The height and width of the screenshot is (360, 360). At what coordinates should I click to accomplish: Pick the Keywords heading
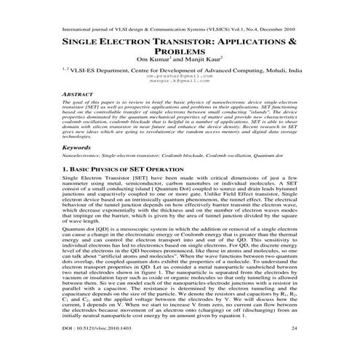(57, 167)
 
